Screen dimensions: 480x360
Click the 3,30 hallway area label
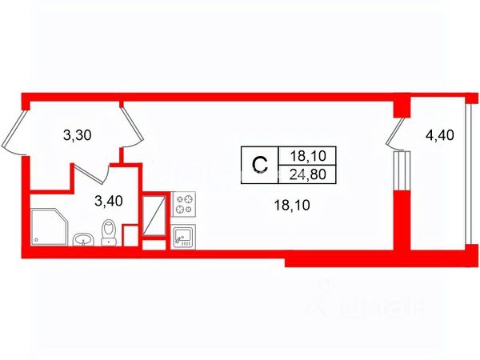tap(78, 135)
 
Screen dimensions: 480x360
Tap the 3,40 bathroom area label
tap(108, 200)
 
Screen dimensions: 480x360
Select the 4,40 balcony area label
tap(439, 135)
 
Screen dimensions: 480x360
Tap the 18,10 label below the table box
tap(290, 206)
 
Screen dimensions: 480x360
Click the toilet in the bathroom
tap(110, 234)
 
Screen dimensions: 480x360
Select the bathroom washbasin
tap(83, 238)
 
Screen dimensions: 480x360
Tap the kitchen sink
tap(184, 234)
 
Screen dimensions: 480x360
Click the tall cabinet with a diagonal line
tap(155, 214)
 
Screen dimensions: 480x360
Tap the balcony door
tap(396, 134)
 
